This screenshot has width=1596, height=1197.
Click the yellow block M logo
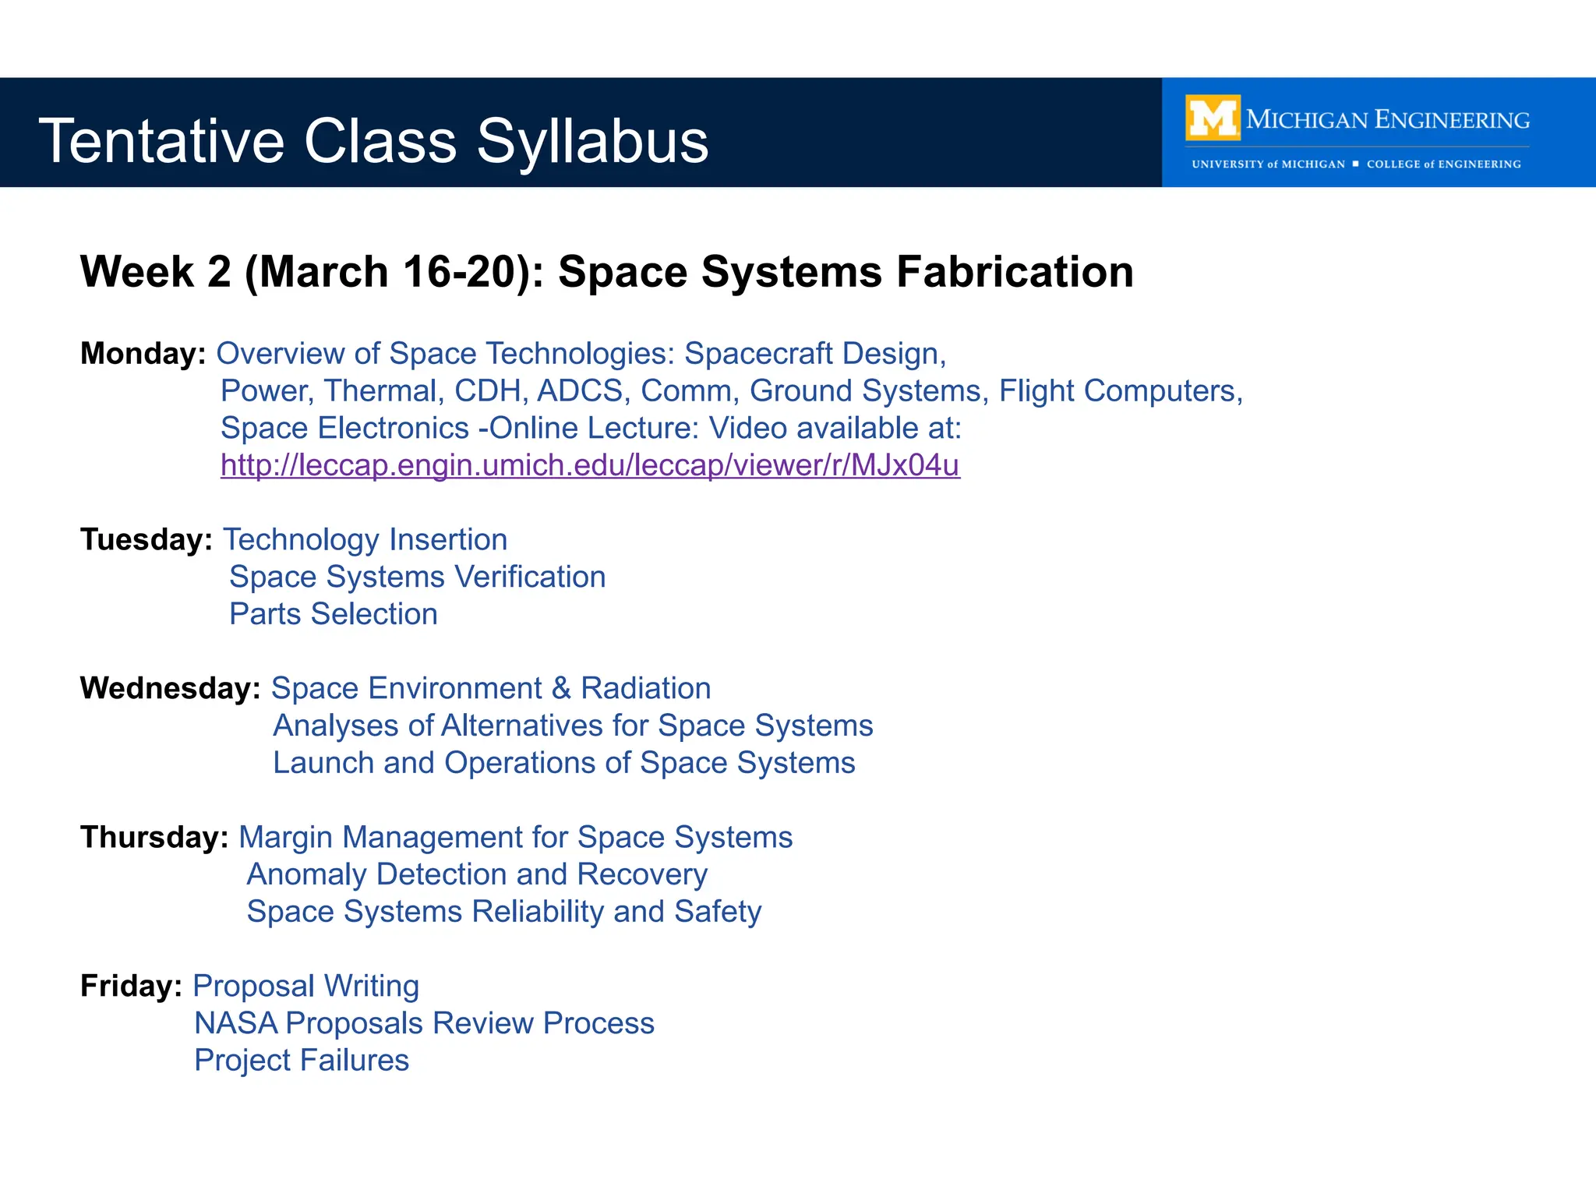pyautogui.click(x=1213, y=118)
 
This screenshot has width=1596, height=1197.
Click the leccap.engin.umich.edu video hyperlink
pyautogui.click(x=590, y=465)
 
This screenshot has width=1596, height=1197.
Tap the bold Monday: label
pyautogui.click(x=143, y=354)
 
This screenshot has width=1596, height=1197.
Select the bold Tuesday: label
pyautogui.click(x=146, y=539)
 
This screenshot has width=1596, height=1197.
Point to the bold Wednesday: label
pyautogui.click(x=170, y=688)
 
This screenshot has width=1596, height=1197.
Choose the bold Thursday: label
pyautogui.click(x=154, y=837)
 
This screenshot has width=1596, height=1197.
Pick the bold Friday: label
pyautogui.click(x=131, y=986)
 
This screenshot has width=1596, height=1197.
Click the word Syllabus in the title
pyautogui.click(x=592, y=141)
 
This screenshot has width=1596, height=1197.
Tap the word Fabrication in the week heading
pyautogui.click(x=1014, y=272)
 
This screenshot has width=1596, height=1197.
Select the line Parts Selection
pyautogui.click(x=333, y=614)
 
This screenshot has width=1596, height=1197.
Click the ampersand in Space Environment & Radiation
pyautogui.click(x=561, y=689)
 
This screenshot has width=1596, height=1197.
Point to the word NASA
pyautogui.click(x=235, y=1023)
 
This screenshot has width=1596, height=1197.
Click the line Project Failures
pyautogui.click(x=301, y=1061)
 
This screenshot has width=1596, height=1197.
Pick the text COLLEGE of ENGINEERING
pyautogui.click(x=1443, y=164)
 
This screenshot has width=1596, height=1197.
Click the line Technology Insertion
pyautogui.click(x=365, y=539)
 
